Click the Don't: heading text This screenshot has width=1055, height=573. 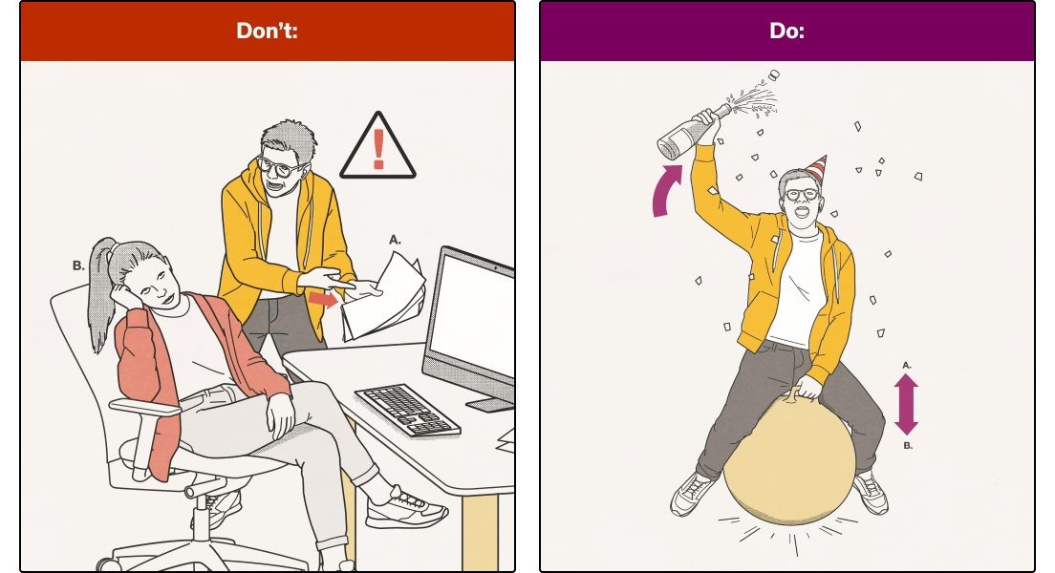[268, 31]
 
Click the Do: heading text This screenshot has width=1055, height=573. [786, 31]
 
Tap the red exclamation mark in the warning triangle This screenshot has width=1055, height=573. [378, 148]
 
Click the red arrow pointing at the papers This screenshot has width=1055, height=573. [323, 300]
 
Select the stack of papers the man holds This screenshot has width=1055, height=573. [382, 296]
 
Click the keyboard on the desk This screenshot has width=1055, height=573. [406, 410]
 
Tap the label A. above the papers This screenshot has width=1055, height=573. [395, 240]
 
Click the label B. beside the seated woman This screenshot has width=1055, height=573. [78, 266]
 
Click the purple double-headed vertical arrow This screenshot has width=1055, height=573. [906, 404]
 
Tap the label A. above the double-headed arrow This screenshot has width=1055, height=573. [906, 364]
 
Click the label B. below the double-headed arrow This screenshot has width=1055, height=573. [907, 445]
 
